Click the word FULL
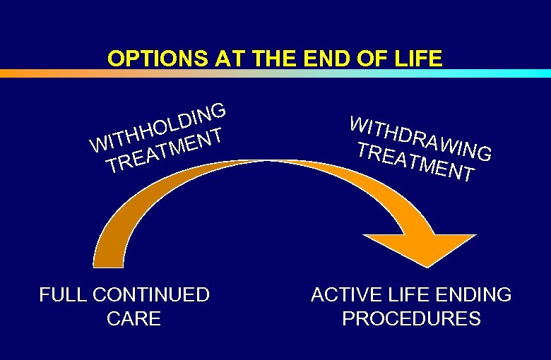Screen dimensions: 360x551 [63, 294]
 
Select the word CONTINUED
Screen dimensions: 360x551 [151, 294]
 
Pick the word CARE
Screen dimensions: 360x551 [134, 318]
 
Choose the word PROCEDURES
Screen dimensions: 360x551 [411, 318]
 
